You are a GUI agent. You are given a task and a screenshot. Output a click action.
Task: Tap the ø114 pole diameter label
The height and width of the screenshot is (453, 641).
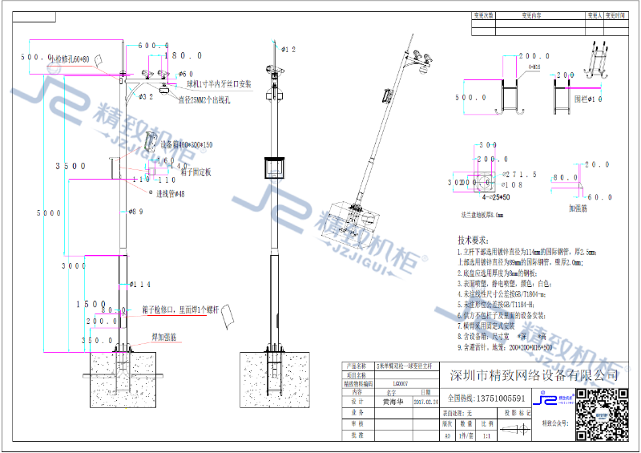pos(139,285)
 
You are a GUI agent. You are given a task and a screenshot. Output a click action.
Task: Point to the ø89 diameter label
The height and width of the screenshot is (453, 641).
pos(137,212)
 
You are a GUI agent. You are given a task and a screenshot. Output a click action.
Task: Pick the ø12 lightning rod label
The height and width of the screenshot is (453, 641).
pos(288,50)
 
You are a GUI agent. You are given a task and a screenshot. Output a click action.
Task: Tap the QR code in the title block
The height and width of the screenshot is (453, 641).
pos(603,414)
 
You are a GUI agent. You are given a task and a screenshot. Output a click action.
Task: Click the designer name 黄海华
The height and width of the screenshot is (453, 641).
pos(393,403)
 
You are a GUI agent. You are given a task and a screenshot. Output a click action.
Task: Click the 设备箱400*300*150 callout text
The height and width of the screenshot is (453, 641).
pos(187,145)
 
